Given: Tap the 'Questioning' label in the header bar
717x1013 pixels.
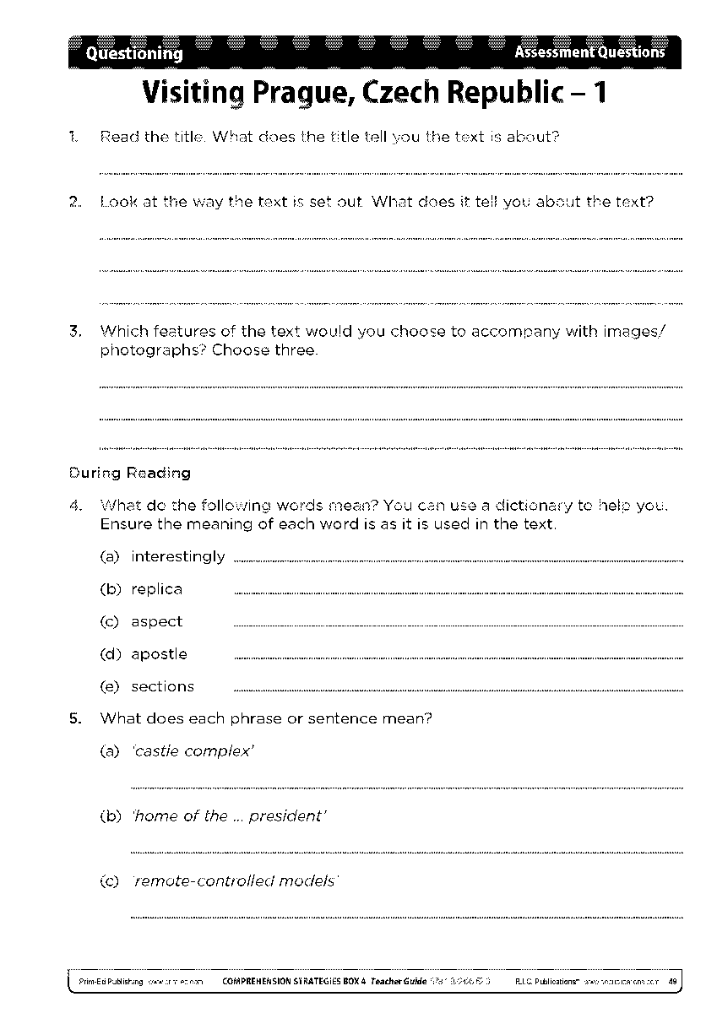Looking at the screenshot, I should point(134,53).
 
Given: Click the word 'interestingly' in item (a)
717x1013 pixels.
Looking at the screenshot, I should point(178,556).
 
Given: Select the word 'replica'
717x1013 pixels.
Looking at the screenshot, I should point(157,589).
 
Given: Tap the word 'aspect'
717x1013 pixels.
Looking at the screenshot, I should point(157,621).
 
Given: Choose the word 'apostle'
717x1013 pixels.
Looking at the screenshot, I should point(160,654).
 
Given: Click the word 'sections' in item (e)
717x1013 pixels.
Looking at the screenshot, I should point(163,686).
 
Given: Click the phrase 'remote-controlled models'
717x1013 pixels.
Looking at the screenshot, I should point(236,881).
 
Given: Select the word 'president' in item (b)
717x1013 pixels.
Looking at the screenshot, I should point(287,816).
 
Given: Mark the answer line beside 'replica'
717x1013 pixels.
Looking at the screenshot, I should point(456,593).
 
